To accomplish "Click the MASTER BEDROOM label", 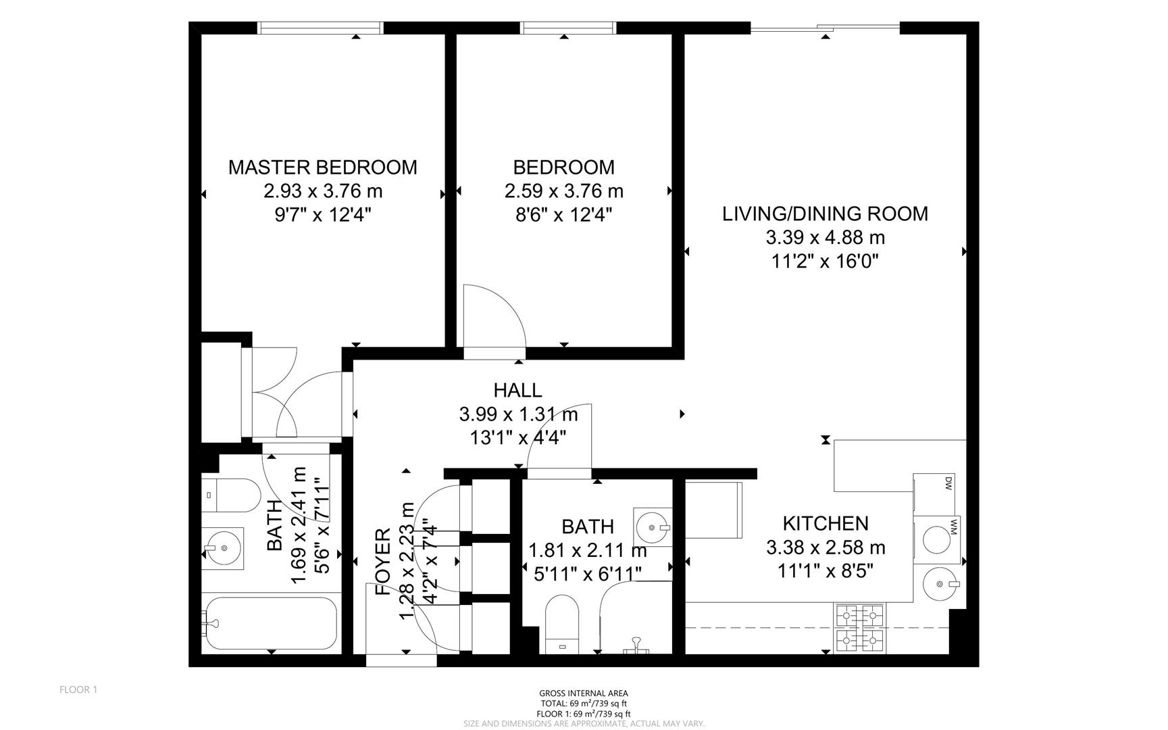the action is point(323,167).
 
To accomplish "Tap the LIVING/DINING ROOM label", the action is point(826,214).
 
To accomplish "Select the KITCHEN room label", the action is point(826,523).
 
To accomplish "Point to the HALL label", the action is point(517,390).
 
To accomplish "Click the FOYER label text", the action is point(382,562).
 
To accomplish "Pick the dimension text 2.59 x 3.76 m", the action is point(564,191).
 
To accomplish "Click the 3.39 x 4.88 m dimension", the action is point(826,238).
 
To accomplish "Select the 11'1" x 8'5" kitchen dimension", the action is point(826,571).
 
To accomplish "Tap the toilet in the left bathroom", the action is point(230,495).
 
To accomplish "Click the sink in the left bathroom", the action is point(223,548).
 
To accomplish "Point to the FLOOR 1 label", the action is point(78,690).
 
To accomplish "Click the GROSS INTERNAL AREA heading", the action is point(584,693).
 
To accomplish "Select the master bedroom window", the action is point(321,28).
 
